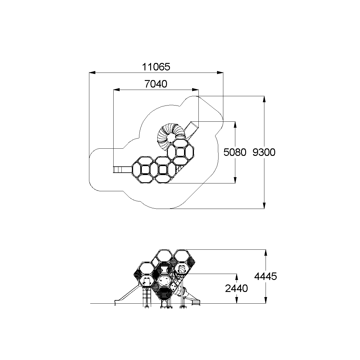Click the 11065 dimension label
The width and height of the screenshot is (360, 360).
pos(156,67)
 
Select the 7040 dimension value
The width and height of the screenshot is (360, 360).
pos(156,84)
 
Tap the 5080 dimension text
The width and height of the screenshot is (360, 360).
pos(235,152)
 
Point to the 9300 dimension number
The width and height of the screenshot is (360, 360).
pos(264,152)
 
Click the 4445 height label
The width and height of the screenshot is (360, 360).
pos(266,276)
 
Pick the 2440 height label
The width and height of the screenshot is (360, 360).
pos(236,288)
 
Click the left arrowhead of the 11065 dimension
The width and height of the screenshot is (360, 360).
pos(92,73)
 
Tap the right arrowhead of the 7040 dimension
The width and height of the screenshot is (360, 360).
pos(195,90)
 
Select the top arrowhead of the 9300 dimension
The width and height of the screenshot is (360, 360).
pos(264,99)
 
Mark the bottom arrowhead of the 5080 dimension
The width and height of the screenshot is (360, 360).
pos(235,180)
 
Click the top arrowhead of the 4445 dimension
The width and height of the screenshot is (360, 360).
pos(266,253)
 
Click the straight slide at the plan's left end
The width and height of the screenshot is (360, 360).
pos(123,170)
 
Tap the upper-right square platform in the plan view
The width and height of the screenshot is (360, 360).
pos(180,152)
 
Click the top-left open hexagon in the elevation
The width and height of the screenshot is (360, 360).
pos(147,268)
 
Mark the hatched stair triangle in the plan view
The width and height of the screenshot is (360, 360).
pos(179,169)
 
